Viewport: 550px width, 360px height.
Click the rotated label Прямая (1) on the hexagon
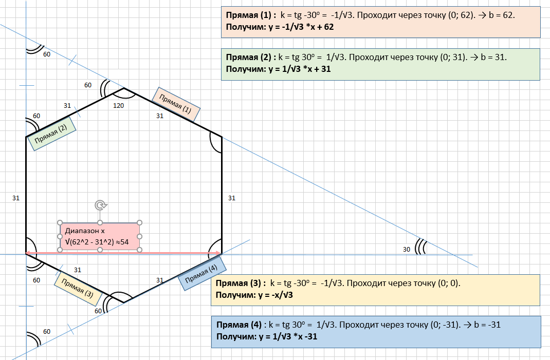pos(176,104)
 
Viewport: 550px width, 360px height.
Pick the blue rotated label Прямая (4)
pos(201,273)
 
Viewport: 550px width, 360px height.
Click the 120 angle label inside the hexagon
pos(119,105)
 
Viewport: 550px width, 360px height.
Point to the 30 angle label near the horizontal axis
pos(407,250)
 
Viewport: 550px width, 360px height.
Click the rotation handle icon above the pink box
pos(101,205)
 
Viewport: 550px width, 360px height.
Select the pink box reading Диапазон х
pos(100,237)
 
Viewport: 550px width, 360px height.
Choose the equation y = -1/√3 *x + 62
pos(301,27)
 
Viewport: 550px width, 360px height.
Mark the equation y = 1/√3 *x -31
pos(288,337)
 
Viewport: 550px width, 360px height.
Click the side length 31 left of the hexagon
pos(16,198)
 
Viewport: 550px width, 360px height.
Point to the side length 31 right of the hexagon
pos(232,198)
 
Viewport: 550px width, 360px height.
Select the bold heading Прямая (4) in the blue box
pos(239,325)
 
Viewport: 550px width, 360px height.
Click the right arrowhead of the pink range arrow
pos(217,253)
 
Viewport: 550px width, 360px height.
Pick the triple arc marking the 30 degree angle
pos(420,247)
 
